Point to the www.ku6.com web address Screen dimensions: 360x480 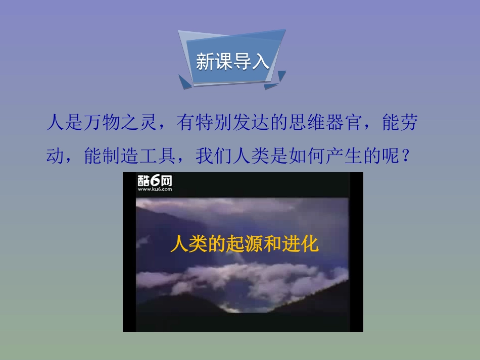click(155, 190)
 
